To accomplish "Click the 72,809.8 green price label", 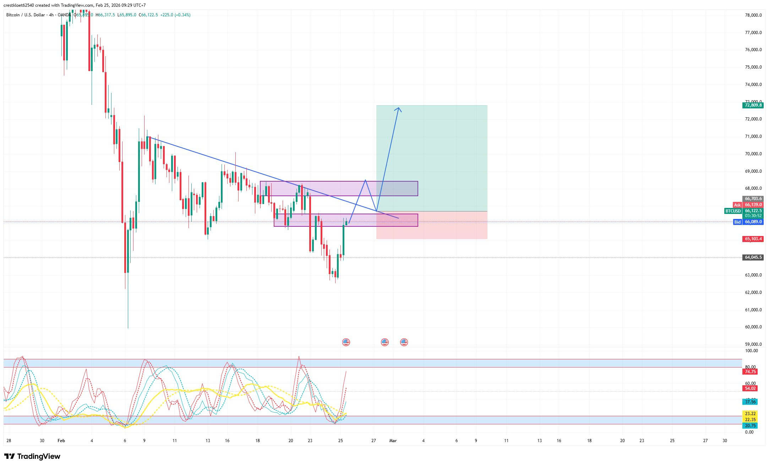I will (x=753, y=105).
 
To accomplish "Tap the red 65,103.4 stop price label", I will (x=753, y=239).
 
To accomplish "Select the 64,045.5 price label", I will (x=753, y=257).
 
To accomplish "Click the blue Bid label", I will (x=737, y=222).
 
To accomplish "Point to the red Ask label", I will (x=737, y=205).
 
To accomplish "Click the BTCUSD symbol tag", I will (x=733, y=211).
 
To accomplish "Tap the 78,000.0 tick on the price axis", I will (x=753, y=15).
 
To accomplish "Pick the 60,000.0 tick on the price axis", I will (x=753, y=327).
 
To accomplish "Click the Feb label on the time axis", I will (x=61, y=441).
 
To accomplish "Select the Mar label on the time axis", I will (x=393, y=441).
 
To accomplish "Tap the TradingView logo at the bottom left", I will (x=32, y=456).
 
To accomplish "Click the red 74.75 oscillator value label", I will (x=750, y=372).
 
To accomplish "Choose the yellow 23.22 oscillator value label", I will (x=750, y=414).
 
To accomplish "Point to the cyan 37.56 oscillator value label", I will (x=750, y=402).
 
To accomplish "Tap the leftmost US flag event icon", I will (x=346, y=342).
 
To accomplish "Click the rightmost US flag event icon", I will (x=404, y=342).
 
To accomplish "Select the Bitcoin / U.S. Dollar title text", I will (x=26, y=15).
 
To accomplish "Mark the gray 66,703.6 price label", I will (x=753, y=199).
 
